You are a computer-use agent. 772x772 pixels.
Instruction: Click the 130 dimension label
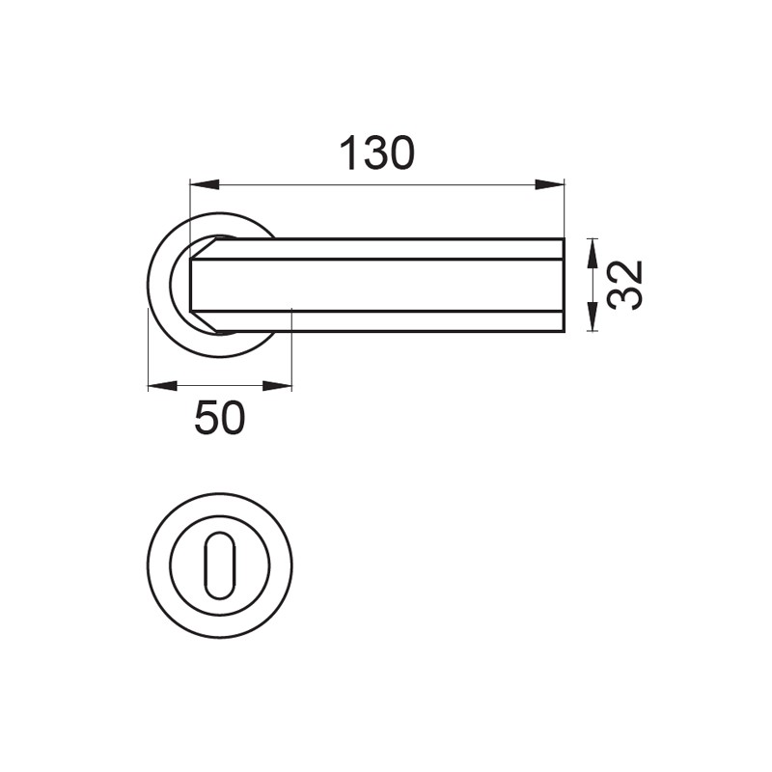(377, 153)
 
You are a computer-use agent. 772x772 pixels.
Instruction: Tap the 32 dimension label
(624, 285)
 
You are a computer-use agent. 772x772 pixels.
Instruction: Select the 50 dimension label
(220, 418)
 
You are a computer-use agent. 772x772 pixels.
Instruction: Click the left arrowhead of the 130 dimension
(205, 184)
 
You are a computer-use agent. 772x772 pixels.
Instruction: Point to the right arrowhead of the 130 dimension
(549, 184)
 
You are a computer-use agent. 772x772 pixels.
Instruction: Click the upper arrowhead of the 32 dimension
(593, 253)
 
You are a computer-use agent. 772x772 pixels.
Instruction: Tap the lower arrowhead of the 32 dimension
(593, 317)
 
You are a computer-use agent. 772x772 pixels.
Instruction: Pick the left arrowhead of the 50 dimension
(162, 385)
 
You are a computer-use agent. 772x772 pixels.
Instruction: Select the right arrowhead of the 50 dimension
(277, 385)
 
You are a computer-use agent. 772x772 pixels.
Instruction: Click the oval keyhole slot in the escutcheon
(220, 565)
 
